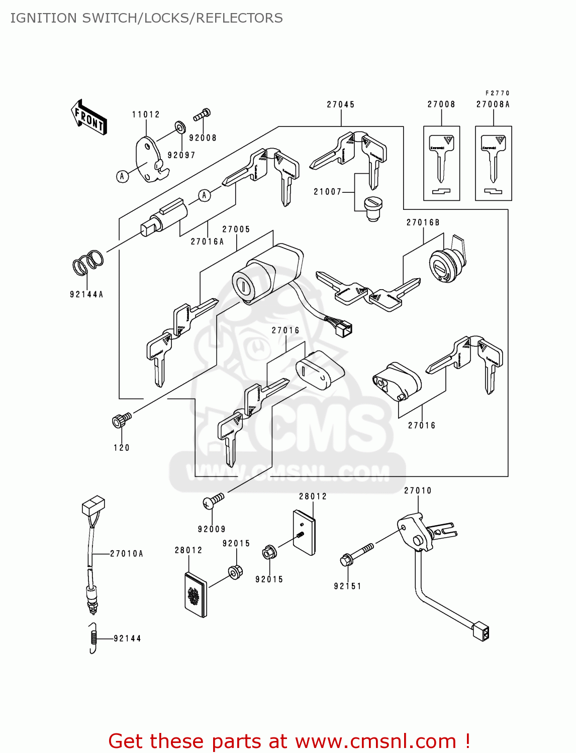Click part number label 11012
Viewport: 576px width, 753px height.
point(146,114)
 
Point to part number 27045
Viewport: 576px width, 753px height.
point(341,104)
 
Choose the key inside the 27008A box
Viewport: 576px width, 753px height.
point(494,158)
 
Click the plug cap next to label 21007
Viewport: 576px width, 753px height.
point(372,208)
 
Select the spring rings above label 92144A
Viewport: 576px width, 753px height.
point(88,263)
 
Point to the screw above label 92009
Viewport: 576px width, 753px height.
point(213,500)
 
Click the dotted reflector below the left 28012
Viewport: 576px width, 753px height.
point(195,595)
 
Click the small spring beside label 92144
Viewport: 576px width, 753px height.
point(92,638)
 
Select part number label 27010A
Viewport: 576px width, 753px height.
point(127,554)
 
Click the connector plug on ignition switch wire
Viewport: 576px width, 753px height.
point(345,329)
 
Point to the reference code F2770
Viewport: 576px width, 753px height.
point(497,93)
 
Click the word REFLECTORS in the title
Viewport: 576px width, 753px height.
point(239,18)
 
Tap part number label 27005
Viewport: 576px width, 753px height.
point(236,229)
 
